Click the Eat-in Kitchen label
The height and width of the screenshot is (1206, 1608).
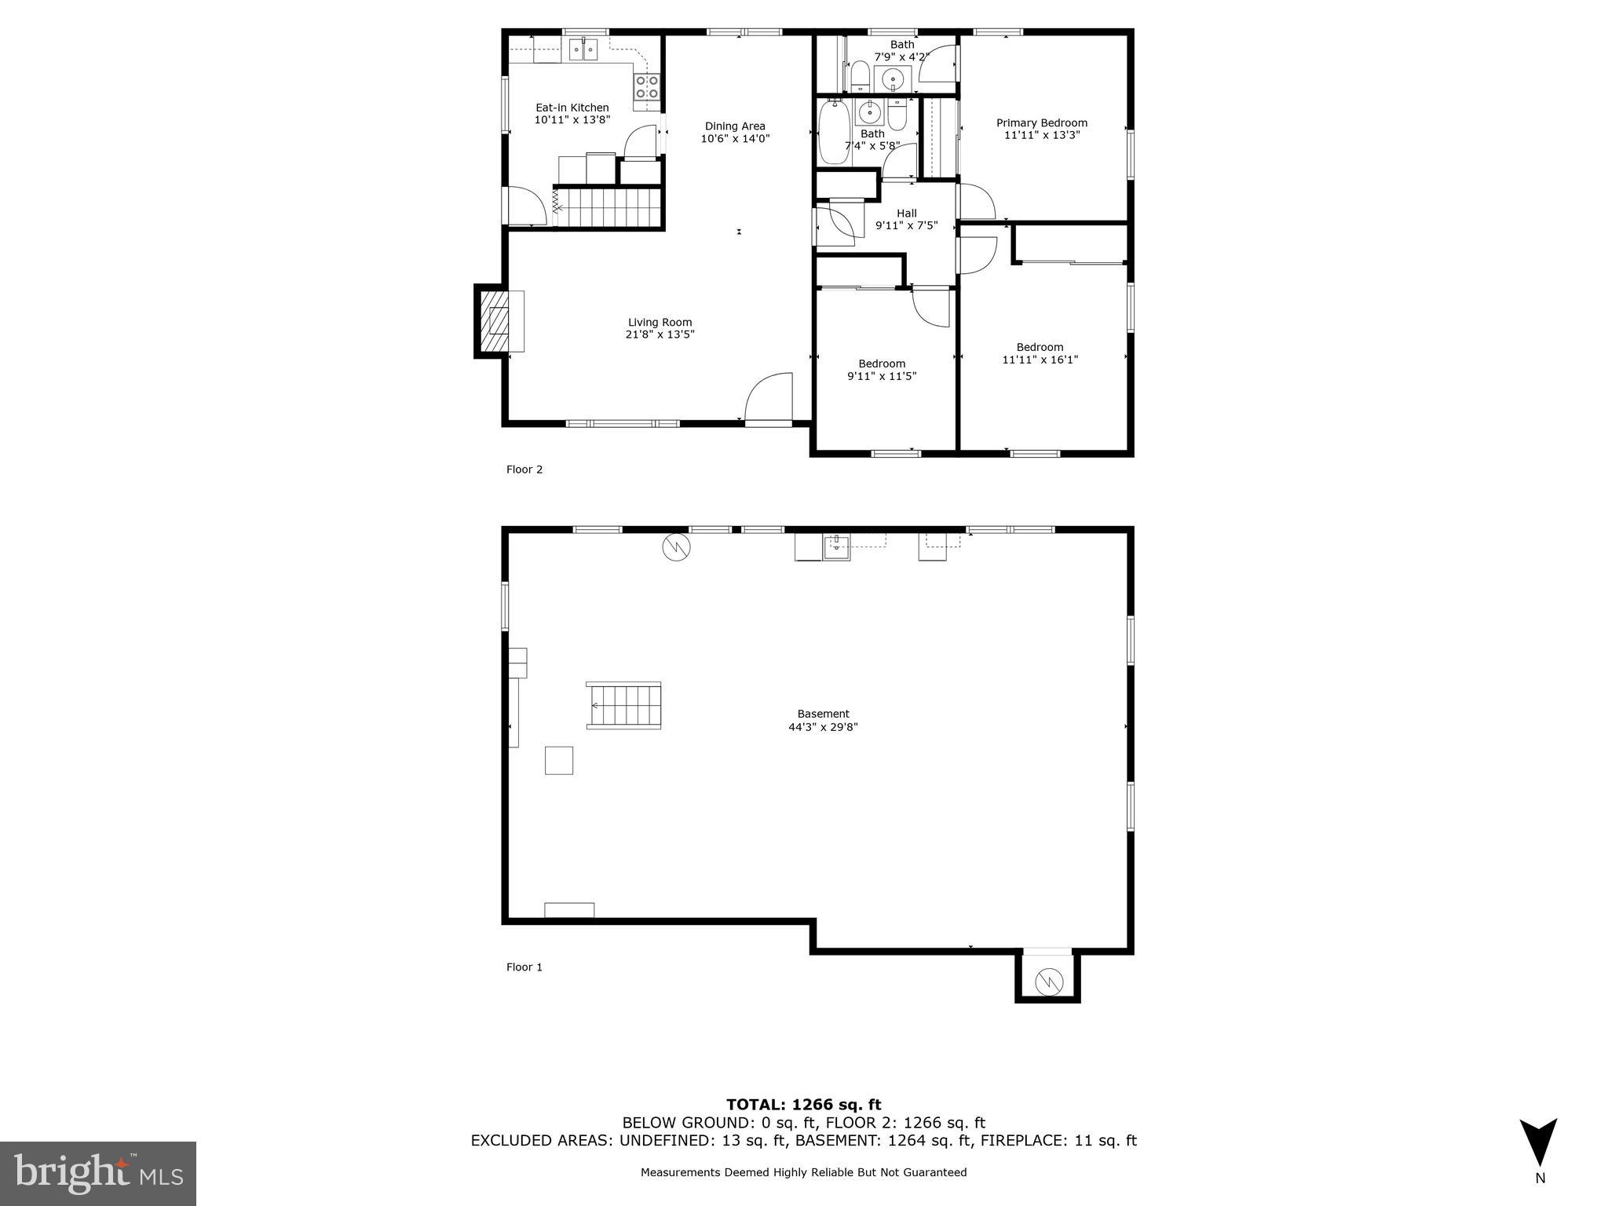point(572,108)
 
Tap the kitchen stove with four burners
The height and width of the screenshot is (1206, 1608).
point(647,86)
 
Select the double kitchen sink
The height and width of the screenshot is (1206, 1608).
point(583,49)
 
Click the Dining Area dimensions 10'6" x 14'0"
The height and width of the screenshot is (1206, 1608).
point(735,139)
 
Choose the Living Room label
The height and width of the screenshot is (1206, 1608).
point(660,322)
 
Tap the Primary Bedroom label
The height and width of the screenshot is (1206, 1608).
point(1041,122)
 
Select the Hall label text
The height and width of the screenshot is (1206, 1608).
point(906,213)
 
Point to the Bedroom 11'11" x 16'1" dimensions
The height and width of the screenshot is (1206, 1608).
point(1040,360)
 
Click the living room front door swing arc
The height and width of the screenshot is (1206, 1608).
point(767,397)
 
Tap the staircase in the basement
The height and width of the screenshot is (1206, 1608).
point(624,705)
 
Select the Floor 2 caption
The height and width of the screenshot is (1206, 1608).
point(524,470)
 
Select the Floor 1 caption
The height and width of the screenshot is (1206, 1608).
point(524,967)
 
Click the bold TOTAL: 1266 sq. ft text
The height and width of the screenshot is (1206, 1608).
point(803,1105)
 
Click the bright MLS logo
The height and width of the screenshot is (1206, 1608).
point(98,1173)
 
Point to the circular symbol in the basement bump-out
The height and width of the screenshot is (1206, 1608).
point(1047,981)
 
